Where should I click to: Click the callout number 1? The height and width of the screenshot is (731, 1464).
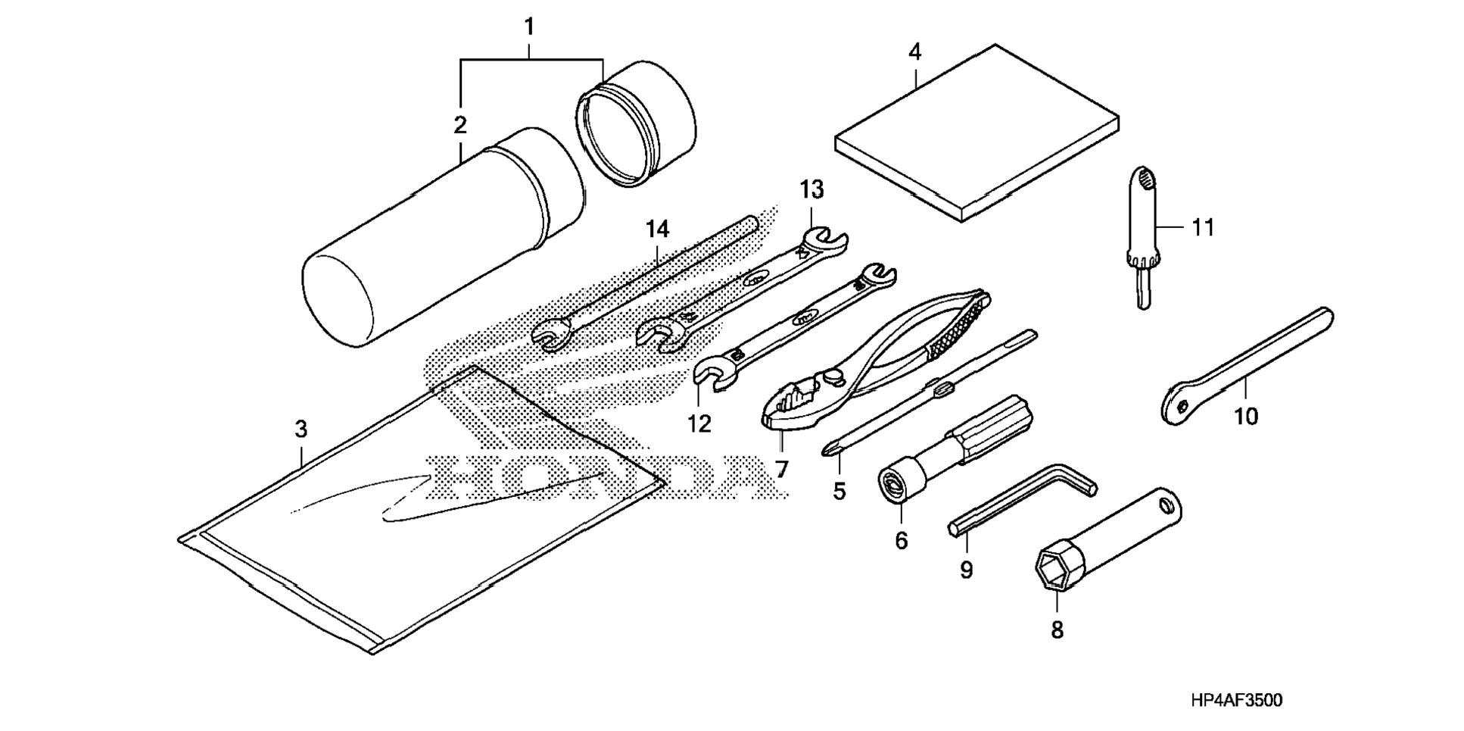[529, 27]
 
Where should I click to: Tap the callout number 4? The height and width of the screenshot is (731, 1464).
[915, 52]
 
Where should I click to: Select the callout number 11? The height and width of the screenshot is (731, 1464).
[1203, 227]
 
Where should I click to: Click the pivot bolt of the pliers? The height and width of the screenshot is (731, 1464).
[834, 374]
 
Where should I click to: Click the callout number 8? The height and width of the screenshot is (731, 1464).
[1057, 629]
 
